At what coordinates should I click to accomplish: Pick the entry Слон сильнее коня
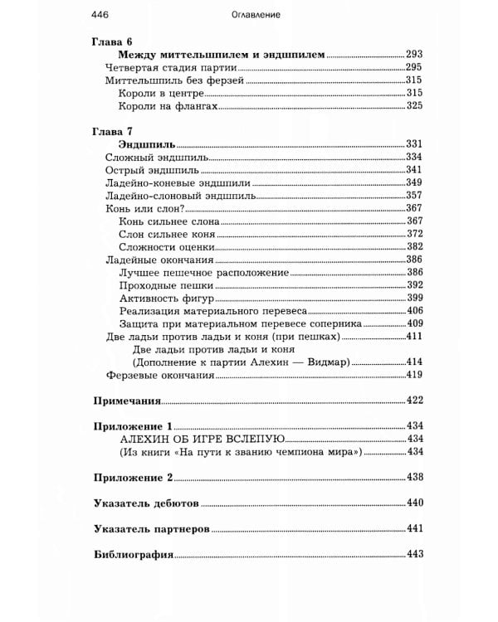click(169, 235)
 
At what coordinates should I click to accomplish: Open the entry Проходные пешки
click(168, 285)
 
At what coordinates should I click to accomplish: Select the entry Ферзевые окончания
click(160, 375)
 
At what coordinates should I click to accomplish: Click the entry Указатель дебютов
click(144, 503)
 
